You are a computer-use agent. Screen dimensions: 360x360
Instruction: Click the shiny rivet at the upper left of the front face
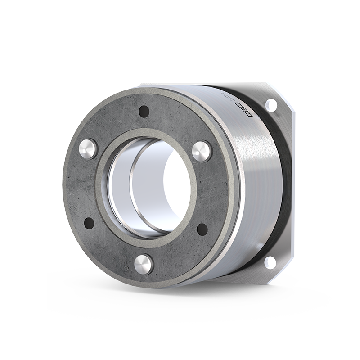tap(87, 148)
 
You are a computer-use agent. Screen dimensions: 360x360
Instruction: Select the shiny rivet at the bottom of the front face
tap(144, 264)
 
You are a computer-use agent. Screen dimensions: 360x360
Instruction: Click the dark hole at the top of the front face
tap(144, 111)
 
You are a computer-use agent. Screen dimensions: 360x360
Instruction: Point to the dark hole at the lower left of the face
tap(89, 223)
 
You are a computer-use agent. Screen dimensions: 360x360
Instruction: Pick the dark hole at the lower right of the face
tap(202, 229)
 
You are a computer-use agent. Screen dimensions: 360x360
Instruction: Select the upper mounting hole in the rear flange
tap(271, 105)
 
